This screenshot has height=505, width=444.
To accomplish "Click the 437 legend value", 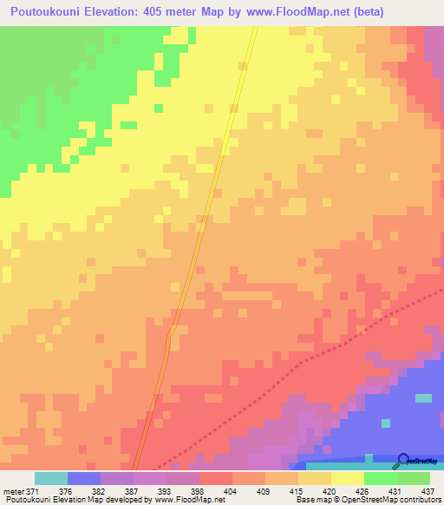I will point(428,491).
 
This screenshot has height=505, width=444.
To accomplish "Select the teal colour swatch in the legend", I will point(51,478).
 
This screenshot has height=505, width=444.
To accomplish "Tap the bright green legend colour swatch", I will point(380,478).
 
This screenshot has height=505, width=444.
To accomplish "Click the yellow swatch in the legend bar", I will point(347,478).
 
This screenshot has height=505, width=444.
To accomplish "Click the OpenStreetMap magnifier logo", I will point(404,461).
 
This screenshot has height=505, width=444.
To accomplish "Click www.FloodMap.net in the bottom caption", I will point(186,500).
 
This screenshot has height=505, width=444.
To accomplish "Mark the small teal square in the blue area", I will point(423,398).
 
